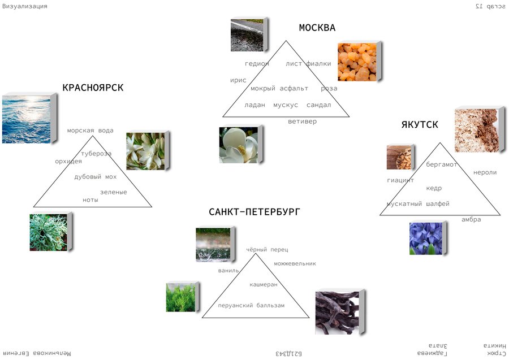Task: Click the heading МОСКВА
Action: click(317, 28)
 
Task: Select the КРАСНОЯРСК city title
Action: click(93, 88)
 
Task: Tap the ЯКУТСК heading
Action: click(420, 125)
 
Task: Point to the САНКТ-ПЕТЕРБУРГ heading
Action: click(255, 212)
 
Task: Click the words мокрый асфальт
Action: click(279, 89)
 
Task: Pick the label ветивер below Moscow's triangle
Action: click(302, 122)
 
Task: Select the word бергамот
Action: click(442, 164)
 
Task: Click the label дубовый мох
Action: click(95, 177)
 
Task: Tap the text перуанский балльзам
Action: click(251, 306)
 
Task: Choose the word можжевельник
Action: click(295, 263)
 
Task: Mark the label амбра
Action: click(471, 220)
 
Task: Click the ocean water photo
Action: click(27, 119)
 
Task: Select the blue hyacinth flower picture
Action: click(426, 238)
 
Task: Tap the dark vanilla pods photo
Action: click(338, 313)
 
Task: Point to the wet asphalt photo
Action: click(247, 36)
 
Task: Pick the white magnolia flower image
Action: click(239, 145)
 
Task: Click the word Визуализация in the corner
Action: click(25, 6)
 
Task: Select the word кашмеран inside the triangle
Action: click(264, 285)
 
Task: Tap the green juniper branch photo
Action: click(180, 298)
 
